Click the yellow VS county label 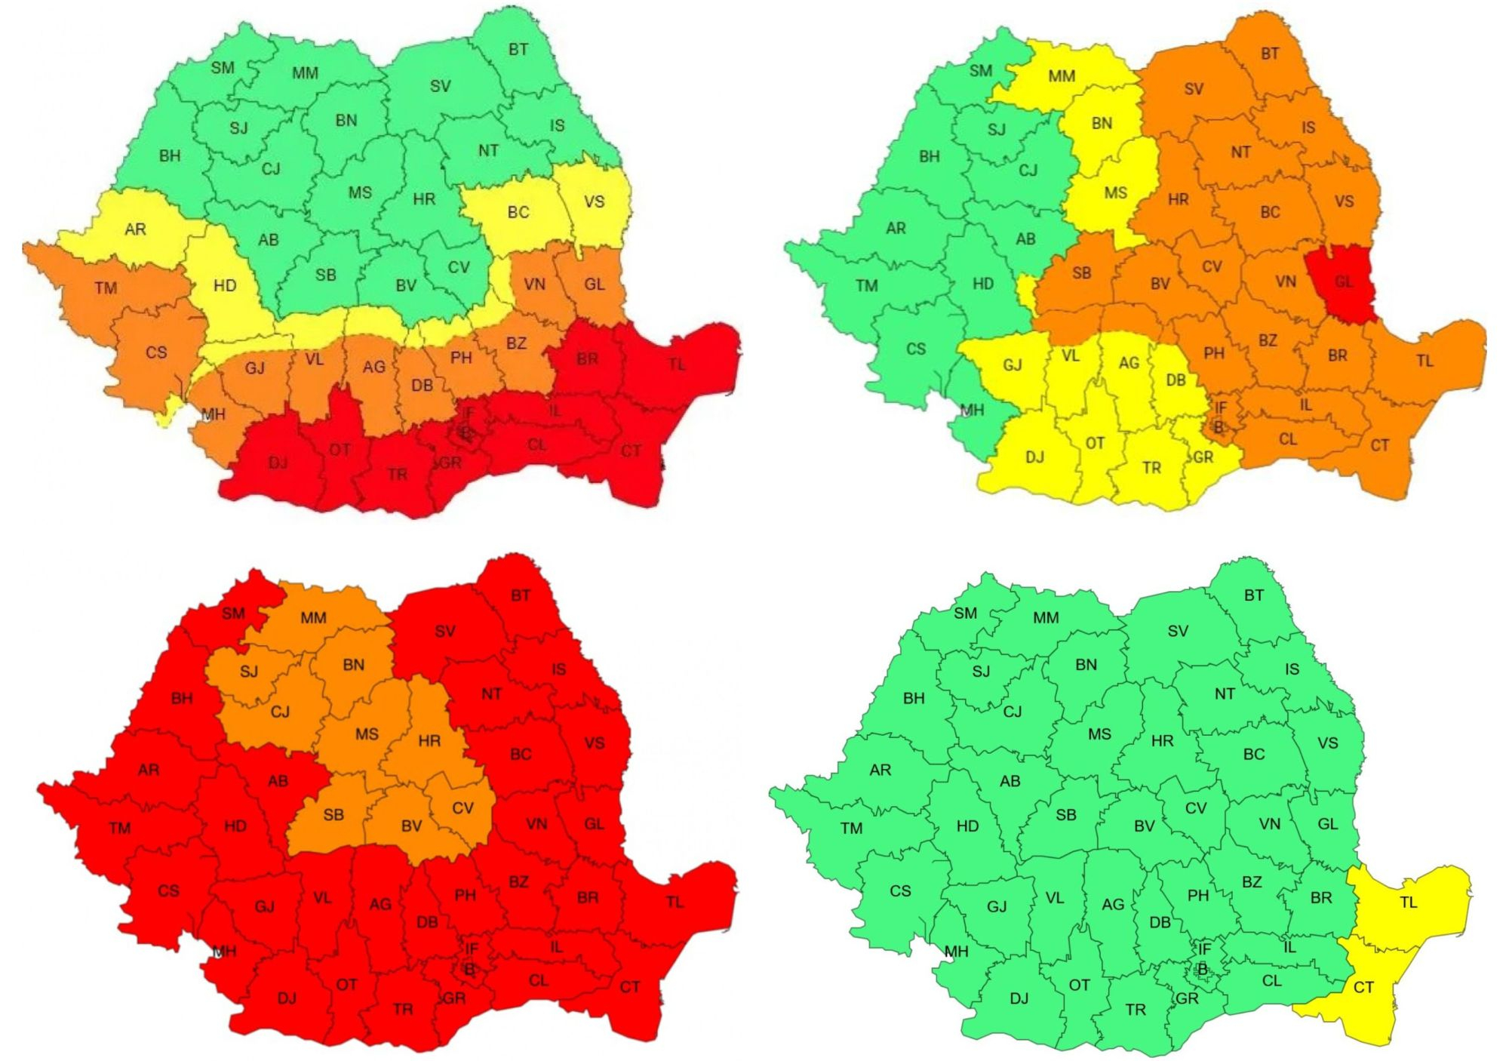pyautogui.click(x=594, y=201)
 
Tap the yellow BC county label pyautogui.click(x=518, y=212)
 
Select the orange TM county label pyautogui.click(x=106, y=288)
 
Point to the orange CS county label pyautogui.click(x=156, y=352)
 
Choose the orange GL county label pyautogui.click(x=594, y=284)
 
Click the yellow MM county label pyautogui.click(x=1061, y=76)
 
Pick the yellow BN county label pyautogui.click(x=1102, y=123)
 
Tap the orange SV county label pyautogui.click(x=1193, y=89)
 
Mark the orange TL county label pyautogui.click(x=1424, y=361)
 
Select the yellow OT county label pyautogui.click(x=1094, y=443)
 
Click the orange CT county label pyautogui.click(x=1379, y=445)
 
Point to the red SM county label pyautogui.click(x=233, y=614)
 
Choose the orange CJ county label pyautogui.click(x=280, y=712)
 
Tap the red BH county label pyautogui.click(x=181, y=698)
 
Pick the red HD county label pyautogui.click(x=235, y=826)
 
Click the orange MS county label pyautogui.click(x=367, y=733)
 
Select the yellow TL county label pyautogui.click(x=1408, y=903)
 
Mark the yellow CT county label pyautogui.click(x=1363, y=987)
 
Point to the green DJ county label pyautogui.click(x=1019, y=998)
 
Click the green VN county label pyautogui.click(x=1269, y=824)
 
